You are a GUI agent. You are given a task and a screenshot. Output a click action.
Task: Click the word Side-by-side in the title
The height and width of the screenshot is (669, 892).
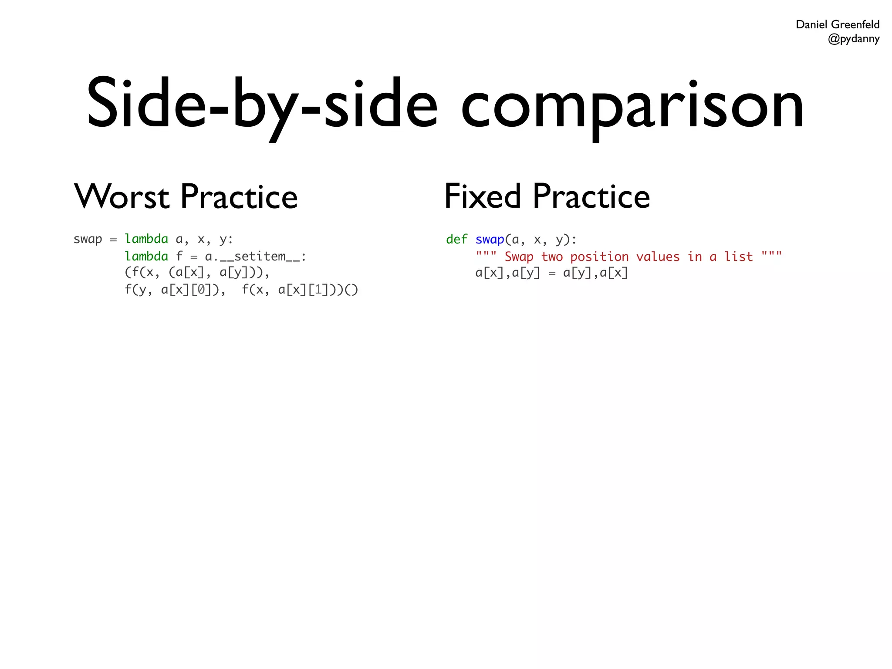click(x=261, y=105)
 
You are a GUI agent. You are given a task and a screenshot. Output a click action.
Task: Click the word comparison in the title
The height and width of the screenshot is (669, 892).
click(x=632, y=107)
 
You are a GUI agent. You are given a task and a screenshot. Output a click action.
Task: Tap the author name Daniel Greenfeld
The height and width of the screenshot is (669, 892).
click(x=837, y=24)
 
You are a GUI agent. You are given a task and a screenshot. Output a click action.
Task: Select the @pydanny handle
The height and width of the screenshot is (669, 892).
click(x=853, y=39)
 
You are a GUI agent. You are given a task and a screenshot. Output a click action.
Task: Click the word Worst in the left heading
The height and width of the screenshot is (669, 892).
click(x=122, y=197)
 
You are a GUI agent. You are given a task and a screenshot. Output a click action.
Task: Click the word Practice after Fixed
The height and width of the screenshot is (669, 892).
click(x=591, y=197)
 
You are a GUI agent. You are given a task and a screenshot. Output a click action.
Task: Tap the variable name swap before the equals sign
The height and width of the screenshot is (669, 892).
click(x=88, y=239)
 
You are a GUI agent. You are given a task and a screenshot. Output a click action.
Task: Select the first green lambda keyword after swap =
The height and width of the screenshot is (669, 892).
click(x=146, y=239)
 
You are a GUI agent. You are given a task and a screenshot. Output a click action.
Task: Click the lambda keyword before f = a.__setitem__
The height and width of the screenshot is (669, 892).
click(x=146, y=256)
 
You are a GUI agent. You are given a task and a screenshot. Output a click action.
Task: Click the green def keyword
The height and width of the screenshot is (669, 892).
click(x=456, y=239)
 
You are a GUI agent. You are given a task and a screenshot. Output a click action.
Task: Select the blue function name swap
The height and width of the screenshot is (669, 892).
click(x=490, y=239)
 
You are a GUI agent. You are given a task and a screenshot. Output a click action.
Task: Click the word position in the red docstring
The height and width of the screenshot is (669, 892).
click(x=599, y=257)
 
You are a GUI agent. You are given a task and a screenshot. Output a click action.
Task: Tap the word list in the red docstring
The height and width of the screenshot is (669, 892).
click(x=738, y=257)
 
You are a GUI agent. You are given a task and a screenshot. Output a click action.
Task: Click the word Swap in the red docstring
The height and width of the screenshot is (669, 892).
click(x=519, y=257)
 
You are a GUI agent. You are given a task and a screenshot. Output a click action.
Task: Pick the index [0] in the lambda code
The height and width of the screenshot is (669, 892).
click(x=201, y=290)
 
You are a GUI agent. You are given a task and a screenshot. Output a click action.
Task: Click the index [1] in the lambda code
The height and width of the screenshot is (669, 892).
click(x=318, y=290)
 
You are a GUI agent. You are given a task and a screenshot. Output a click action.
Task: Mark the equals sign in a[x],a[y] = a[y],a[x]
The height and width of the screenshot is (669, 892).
click(x=552, y=274)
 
